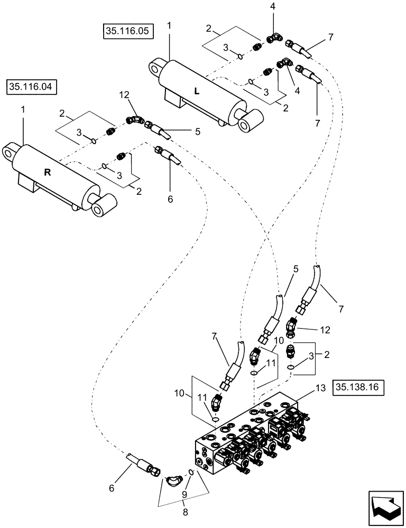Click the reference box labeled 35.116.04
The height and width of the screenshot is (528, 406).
33,87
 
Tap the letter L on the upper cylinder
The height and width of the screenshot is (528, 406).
197,91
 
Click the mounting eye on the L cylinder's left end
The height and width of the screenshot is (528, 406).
156,67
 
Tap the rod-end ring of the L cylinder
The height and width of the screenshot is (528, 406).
247,125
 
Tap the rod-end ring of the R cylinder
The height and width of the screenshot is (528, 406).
99,209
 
